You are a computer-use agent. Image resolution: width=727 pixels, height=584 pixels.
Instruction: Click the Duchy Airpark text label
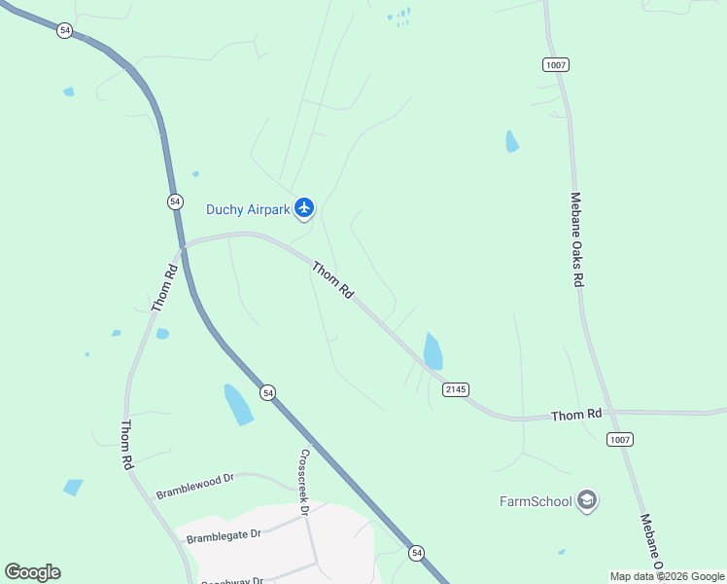tap(248, 209)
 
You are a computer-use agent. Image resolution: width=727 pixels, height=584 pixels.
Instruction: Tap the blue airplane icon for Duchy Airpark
tap(305, 207)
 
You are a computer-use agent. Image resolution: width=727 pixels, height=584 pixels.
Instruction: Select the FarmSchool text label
tap(534, 501)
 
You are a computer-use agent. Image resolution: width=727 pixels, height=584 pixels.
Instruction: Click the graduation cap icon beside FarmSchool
tap(586, 500)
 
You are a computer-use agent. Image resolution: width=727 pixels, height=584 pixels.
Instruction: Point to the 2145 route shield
tap(456, 389)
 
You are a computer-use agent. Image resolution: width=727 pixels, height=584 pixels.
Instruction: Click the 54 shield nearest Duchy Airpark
tap(175, 201)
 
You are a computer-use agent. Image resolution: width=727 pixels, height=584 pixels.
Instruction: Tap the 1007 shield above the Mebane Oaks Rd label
tap(556, 64)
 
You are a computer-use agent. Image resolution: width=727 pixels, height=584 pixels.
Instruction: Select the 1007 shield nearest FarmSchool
tap(620, 440)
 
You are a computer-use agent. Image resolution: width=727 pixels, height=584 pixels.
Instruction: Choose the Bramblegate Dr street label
tap(225, 535)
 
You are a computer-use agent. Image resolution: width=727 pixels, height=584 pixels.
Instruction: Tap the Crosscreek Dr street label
tap(304, 482)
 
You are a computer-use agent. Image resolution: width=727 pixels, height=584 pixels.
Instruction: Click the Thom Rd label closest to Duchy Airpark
tap(332, 280)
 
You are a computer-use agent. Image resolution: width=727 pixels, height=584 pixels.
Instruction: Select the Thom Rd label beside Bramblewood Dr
tap(126, 446)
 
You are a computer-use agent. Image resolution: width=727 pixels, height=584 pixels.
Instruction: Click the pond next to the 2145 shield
tap(433, 350)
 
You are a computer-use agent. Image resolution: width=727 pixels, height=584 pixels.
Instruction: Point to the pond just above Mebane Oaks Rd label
tap(511, 142)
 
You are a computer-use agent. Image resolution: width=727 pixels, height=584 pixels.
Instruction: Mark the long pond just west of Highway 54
tap(238, 404)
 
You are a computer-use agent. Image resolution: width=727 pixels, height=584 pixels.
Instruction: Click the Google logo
tap(32, 572)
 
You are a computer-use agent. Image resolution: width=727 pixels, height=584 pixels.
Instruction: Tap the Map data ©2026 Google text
tap(667, 576)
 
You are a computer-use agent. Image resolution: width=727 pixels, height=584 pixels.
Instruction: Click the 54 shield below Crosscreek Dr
tap(417, 552)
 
